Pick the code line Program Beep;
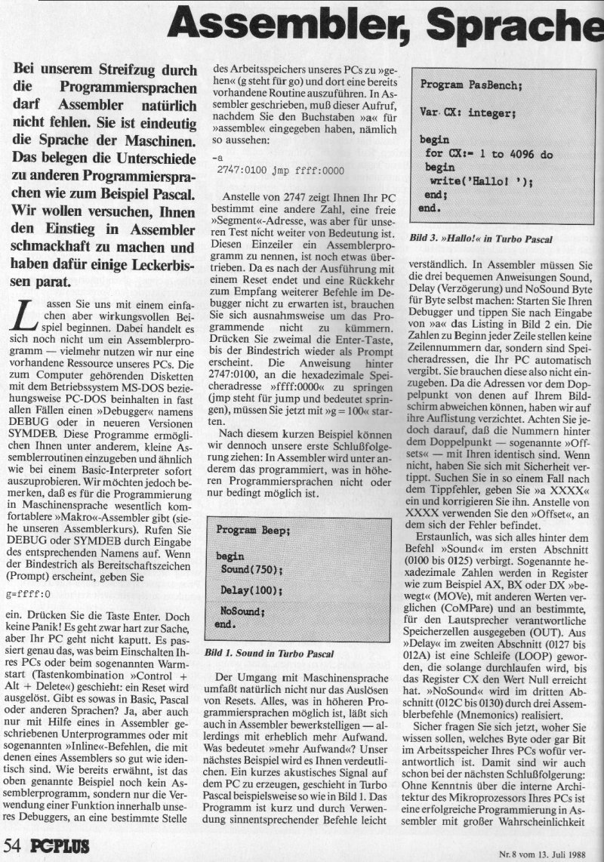pyautogui.click(x=253, y=530)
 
